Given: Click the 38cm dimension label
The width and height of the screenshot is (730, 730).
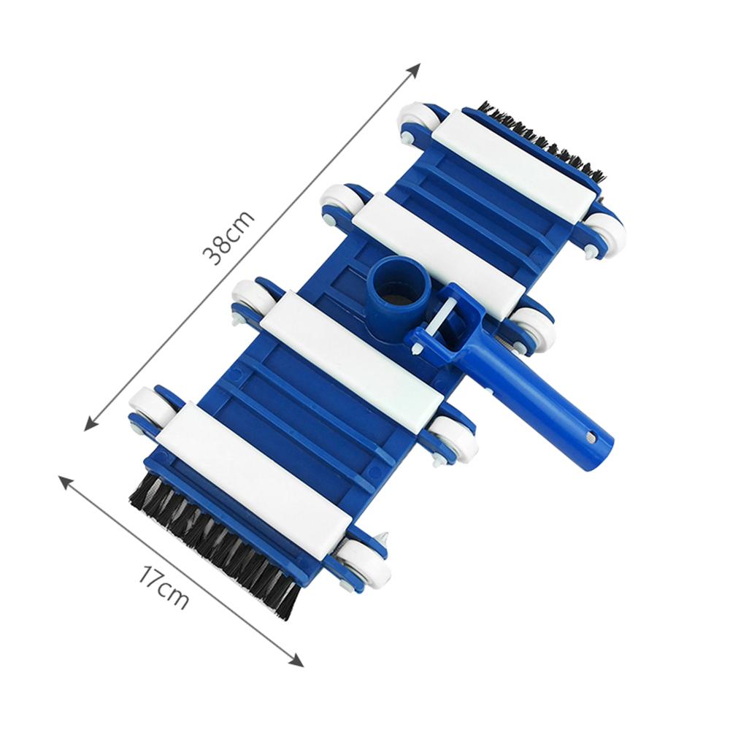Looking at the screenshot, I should (228, 238).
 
